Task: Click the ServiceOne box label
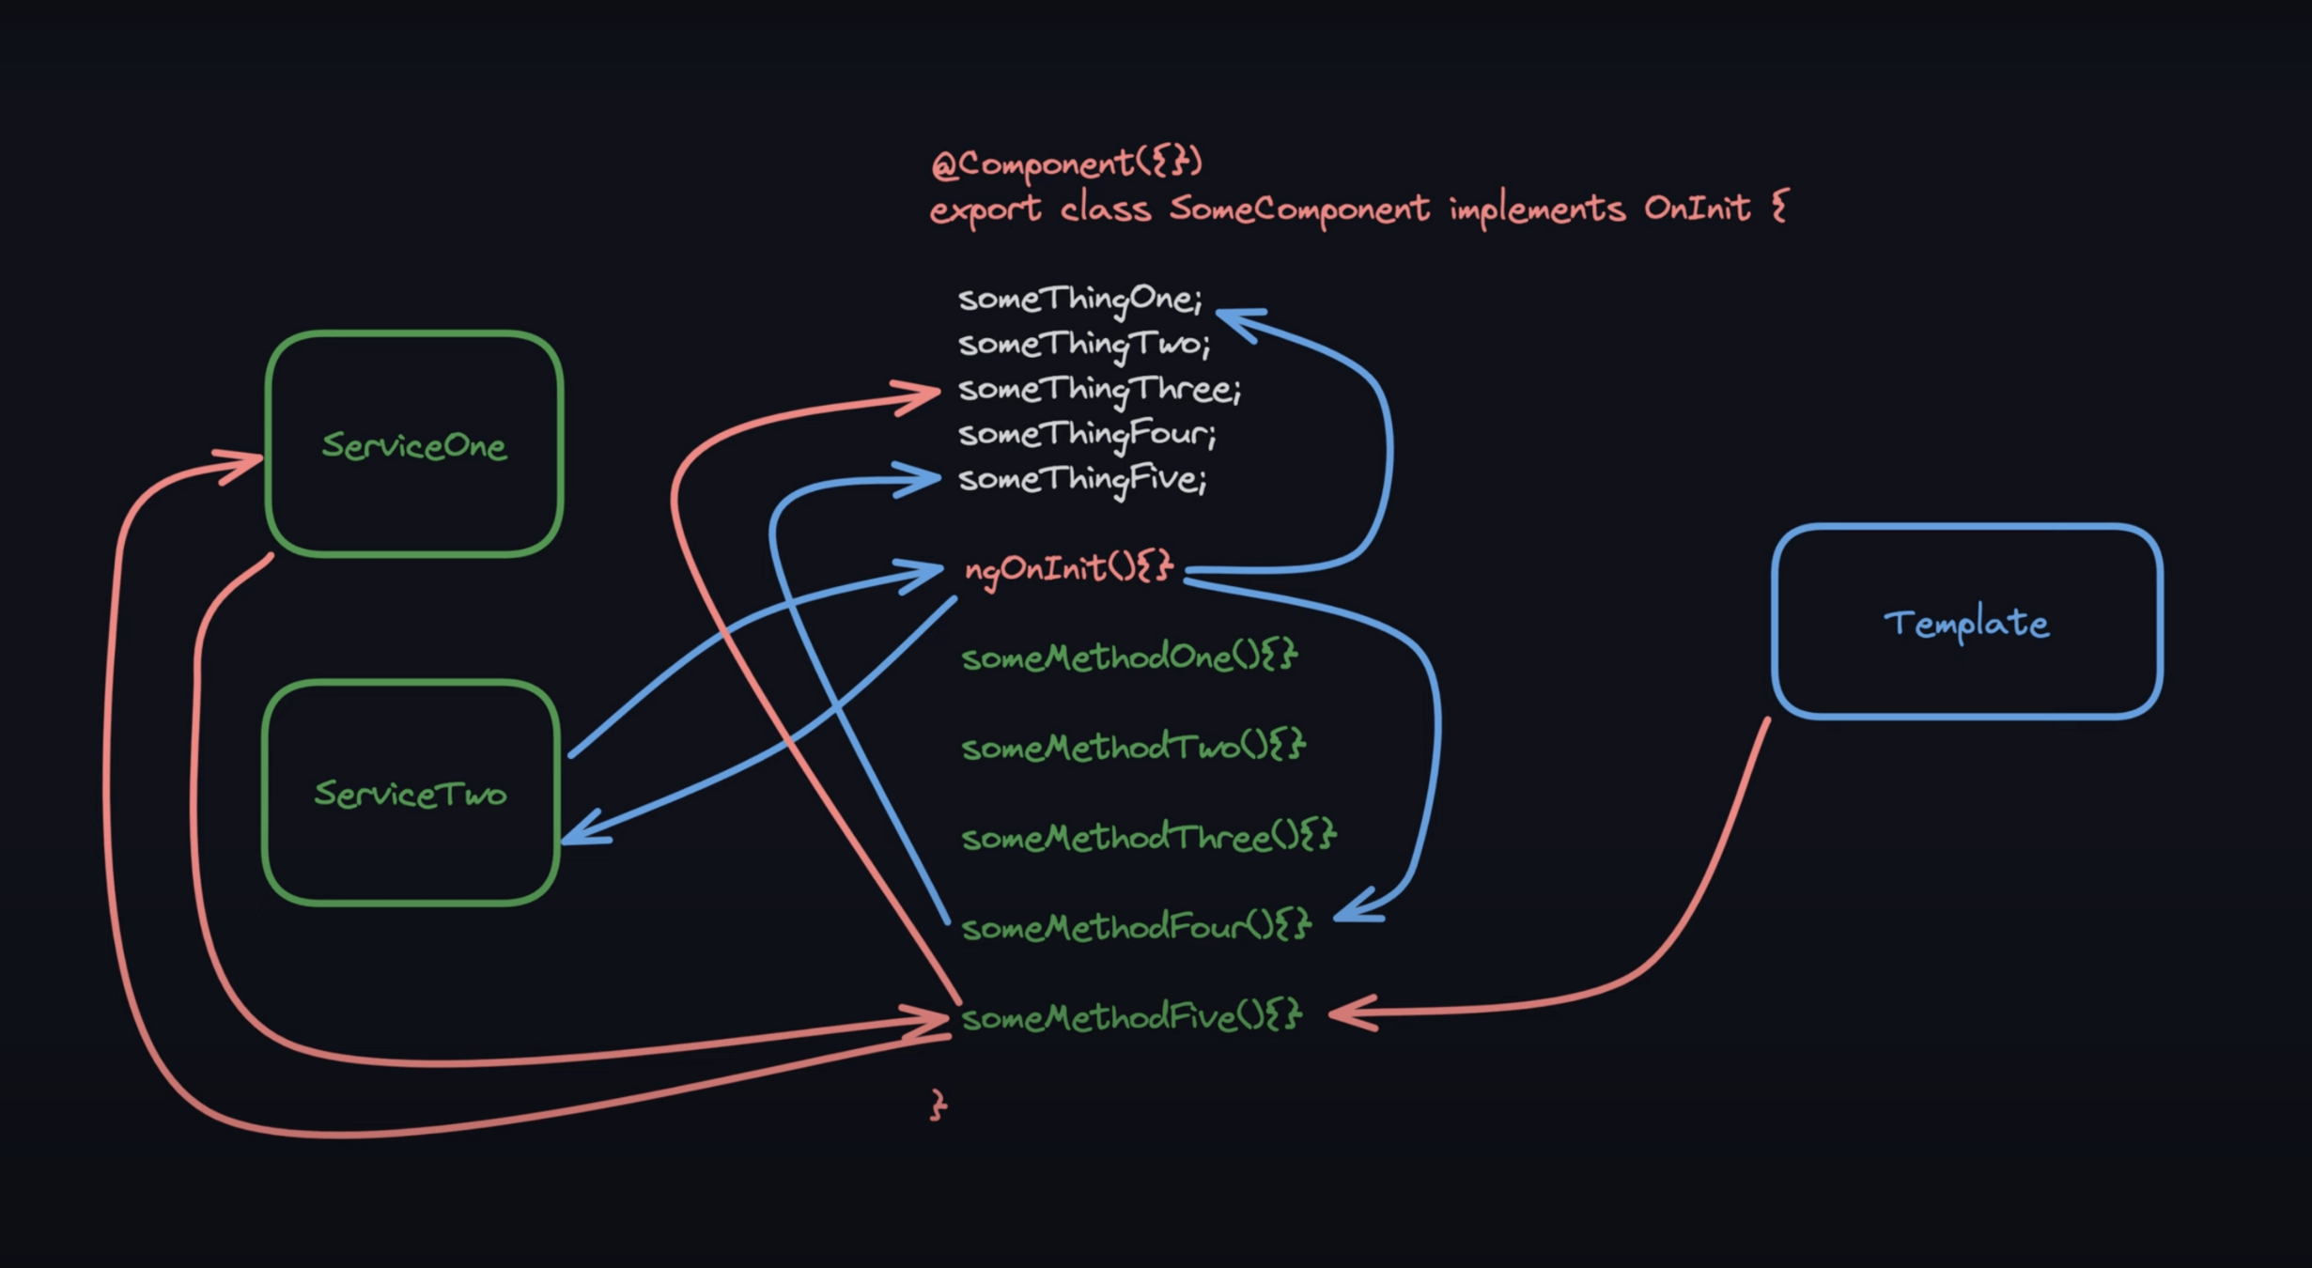(x=414, y=446)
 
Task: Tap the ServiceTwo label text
(x=411, y=795)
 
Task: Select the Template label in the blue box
(x=1966, y=624)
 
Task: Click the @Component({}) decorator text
(x=1066, y=163)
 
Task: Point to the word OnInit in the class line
(x=1697, y=208)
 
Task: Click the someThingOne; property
(x=1079, y=299)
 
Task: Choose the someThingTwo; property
(x=1084, y=344)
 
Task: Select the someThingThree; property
(x=1099, y=389)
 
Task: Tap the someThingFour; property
(x=1087, y=434)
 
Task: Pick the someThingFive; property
(x=1082, y=479)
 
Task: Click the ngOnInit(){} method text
(x=1069, y=568)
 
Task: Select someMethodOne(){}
(x=1129, y=657)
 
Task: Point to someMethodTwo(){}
(x=1133, y=747)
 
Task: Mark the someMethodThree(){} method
(x=1148, y=837)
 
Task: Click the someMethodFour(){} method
(x=1136, y=927)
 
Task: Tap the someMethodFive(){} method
(x=1131, y=1017)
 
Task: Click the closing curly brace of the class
(x=939, y=1105)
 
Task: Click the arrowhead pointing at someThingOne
(x=1235, y=318)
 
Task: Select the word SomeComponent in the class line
(x=1299, y=208)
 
